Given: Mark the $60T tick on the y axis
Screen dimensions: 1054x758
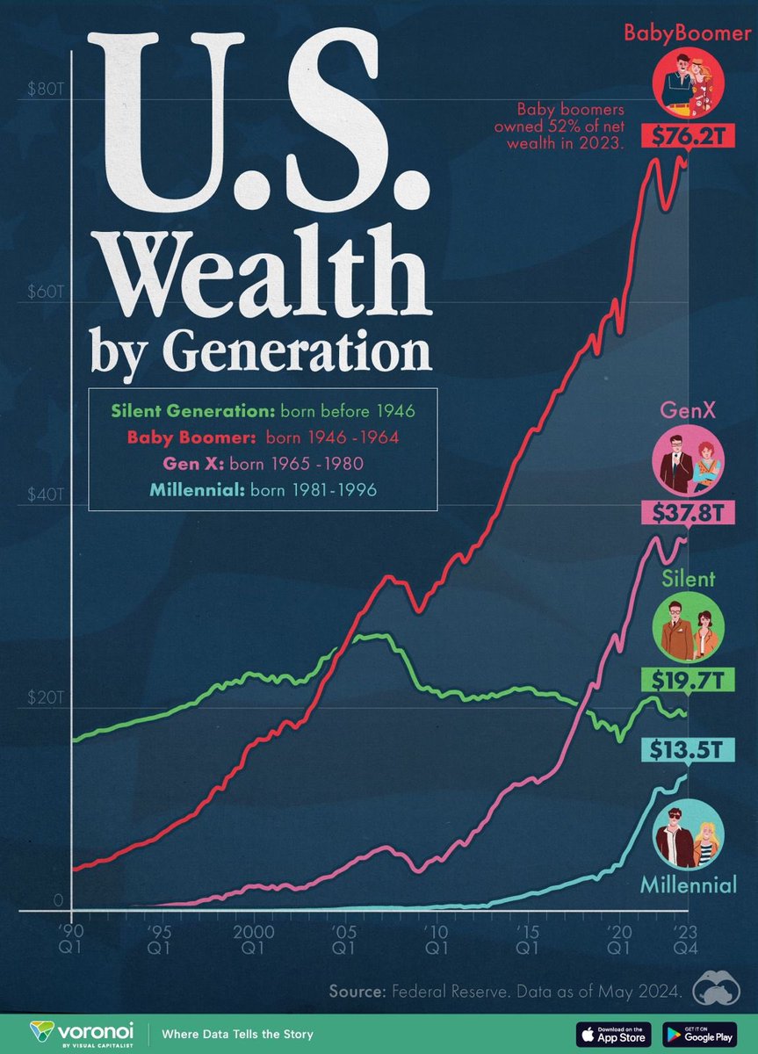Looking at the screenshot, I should [37, 292].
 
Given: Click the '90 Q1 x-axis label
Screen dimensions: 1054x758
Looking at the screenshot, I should [71, 939].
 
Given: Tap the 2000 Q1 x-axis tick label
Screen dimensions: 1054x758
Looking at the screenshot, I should [253, 939].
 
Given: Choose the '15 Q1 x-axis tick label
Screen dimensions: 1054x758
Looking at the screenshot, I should [527, 939].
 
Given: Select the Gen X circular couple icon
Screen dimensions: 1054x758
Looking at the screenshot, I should [688, 462].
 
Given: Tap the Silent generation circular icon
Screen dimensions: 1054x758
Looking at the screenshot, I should [688, 631].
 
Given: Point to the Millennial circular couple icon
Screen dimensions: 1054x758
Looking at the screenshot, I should [688, 835].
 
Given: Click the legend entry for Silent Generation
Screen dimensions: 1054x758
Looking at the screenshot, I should [263, 410].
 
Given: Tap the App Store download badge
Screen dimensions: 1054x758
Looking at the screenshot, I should [613, 1033].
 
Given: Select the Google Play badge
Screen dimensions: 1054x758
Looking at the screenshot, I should [700, 1033].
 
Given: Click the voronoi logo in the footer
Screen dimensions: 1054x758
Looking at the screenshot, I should [83, 1033].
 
